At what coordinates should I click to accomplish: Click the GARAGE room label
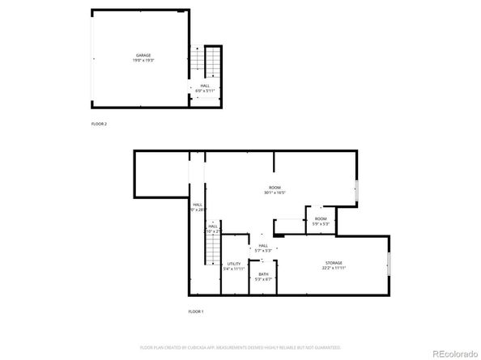143,55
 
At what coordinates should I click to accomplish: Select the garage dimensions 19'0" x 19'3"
143,60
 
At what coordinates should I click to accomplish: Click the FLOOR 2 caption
99,124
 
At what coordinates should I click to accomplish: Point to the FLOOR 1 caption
196,311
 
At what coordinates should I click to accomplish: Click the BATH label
263,274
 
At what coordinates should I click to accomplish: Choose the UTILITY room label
233,263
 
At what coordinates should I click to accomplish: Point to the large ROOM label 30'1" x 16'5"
275,188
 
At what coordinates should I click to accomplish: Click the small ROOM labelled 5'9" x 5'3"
321,218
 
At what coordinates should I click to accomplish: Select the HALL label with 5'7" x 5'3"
263,246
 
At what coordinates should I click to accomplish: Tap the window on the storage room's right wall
389,264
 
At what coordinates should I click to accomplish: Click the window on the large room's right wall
356,191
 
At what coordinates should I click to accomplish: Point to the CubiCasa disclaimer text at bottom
240,346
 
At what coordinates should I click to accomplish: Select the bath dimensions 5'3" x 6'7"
263,279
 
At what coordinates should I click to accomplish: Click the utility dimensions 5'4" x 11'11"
233,268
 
